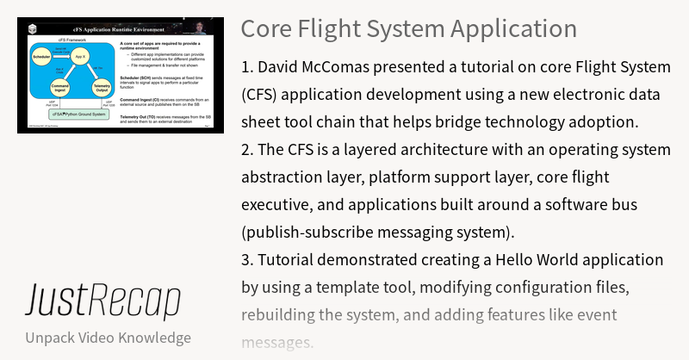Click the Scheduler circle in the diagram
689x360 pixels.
41,58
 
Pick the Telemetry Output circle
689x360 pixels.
102,89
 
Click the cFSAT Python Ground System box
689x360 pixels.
78,113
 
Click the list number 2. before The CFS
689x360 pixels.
248,149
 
